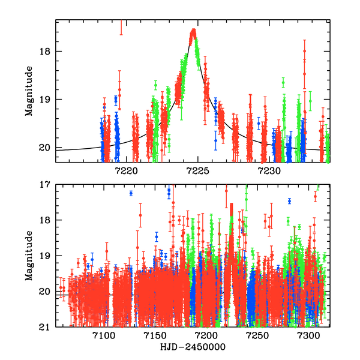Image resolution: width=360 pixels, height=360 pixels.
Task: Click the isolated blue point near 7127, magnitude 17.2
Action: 131,193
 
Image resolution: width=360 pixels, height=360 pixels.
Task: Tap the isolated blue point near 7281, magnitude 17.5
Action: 289,202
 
